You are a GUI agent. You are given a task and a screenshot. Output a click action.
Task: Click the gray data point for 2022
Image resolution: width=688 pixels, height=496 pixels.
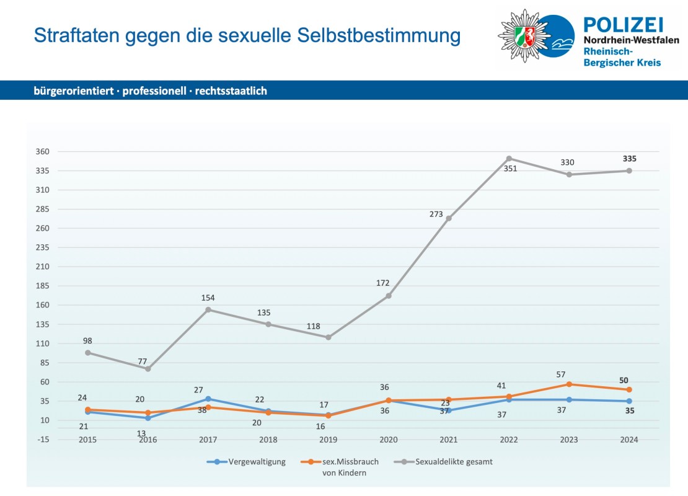pyautogui.click(x=509, y=158)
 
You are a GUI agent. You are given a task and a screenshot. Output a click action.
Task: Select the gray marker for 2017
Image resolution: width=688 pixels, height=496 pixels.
pyautogui.click(x=208, y=309)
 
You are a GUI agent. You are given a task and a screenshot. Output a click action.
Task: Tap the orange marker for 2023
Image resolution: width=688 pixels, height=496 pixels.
pyautogui.click(x=569, y=384)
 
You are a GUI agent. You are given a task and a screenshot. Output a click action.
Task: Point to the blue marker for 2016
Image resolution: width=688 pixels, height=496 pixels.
pyautogui.click(x=148, y=418)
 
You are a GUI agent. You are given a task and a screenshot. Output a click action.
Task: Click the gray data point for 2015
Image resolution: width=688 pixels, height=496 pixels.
pyautogui.click(x=87, y=353)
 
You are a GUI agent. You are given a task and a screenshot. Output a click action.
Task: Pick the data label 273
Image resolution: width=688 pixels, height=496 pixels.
pyautogui.click(x=436, y=215)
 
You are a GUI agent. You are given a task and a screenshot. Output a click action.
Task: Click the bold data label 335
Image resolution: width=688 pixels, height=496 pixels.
pyautogui.click(x=629, y=159)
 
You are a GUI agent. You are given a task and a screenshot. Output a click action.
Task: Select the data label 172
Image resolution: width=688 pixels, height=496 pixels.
pyautogui.click(x=382, y=283)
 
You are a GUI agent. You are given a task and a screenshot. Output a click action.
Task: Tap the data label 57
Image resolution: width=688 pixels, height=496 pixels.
pyautogui.click(x=561, y=374)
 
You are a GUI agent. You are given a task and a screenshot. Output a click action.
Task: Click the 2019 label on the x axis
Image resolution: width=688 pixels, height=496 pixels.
pyautogui.click(x=328, y=440)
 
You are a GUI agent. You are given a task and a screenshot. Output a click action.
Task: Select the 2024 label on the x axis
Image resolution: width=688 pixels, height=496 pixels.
pyautogui.click(x=629, y=440)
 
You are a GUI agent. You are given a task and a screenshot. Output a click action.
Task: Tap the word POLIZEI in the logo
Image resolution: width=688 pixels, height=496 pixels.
pyautogui.click(x=624, y=25)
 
